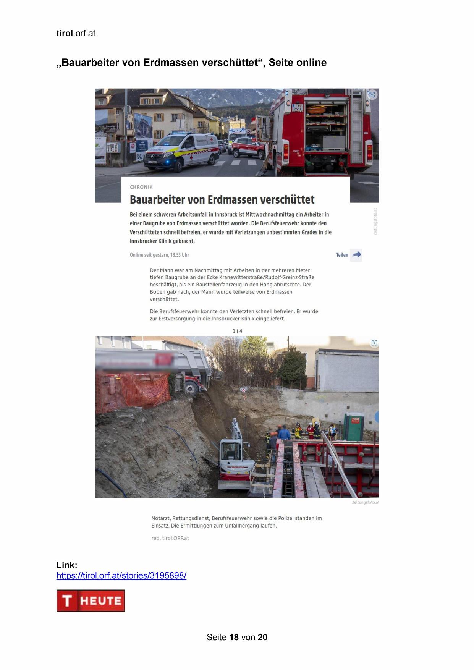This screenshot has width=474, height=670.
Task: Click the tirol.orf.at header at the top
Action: (76, 33)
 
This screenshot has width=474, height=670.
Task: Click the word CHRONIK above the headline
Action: (141, 187)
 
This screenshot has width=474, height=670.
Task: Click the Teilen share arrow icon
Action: (356, 255)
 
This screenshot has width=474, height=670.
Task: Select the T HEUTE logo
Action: (91, 600)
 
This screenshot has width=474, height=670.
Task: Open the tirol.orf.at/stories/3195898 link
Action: (121, 575)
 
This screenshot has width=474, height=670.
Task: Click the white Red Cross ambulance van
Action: (181, 150)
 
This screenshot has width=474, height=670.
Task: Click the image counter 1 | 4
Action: (237, 331)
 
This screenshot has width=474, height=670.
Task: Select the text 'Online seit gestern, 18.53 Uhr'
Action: (159, 255)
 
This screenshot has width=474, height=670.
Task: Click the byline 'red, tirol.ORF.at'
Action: (170, 538)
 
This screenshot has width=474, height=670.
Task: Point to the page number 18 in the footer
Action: (234, 637)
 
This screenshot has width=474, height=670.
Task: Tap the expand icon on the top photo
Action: (372, 95)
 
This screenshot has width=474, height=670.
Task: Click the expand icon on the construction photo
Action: (374, 343)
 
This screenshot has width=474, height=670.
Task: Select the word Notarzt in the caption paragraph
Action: (160, 518)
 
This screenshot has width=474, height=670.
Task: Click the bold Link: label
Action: (67, 565)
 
